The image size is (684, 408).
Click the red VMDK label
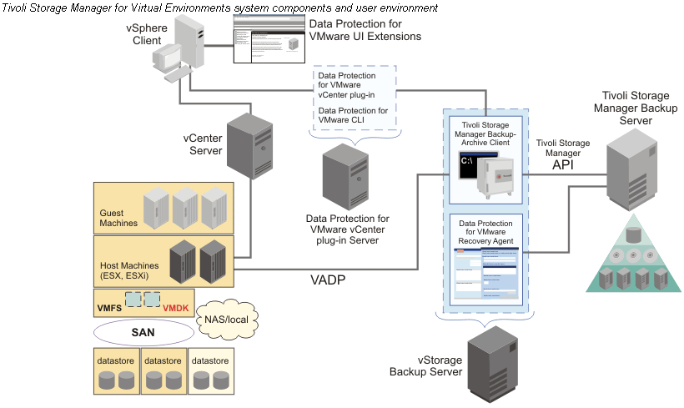(x=176, y=308)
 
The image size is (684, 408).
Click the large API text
(x=563, y=165)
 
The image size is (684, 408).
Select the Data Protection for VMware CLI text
(x=353, y=115)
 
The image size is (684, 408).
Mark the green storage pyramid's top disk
(x=636, y=238)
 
